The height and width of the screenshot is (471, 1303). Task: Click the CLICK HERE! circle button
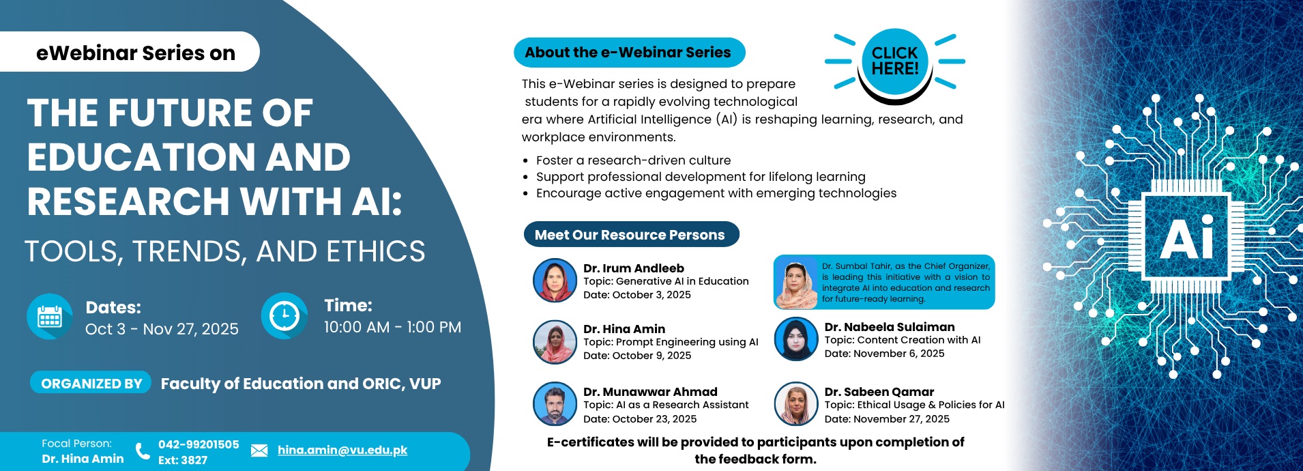pos(894,61)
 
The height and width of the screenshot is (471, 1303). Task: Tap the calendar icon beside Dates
pos(50,317)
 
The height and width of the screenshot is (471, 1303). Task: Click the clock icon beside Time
pos(284,316)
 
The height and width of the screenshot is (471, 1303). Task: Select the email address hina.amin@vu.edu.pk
pos(342,450)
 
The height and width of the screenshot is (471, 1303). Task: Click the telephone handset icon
pos(143,451)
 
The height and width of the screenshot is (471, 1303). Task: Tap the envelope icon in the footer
pos(259,451)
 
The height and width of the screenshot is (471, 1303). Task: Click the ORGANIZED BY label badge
pos(91,384)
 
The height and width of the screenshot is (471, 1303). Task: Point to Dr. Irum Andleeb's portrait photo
pos(555,281)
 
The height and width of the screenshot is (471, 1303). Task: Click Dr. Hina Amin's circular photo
pos(555,342)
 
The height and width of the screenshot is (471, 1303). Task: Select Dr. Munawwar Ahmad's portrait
pos(555,403)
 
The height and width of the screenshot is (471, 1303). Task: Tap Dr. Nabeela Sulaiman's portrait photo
pos(796,339)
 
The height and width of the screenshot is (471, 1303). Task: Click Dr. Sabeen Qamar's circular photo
pos(796,403)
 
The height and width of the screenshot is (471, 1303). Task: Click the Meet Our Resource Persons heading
pos(630,235)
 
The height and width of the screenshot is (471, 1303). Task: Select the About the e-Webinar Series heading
pos(628,53)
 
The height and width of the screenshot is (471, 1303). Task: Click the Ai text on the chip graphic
pos(1187,239)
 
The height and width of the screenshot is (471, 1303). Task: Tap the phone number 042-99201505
pos(199,444)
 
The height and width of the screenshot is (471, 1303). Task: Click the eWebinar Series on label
pos(136,53)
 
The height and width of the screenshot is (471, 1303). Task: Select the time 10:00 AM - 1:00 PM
pos(392,327)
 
